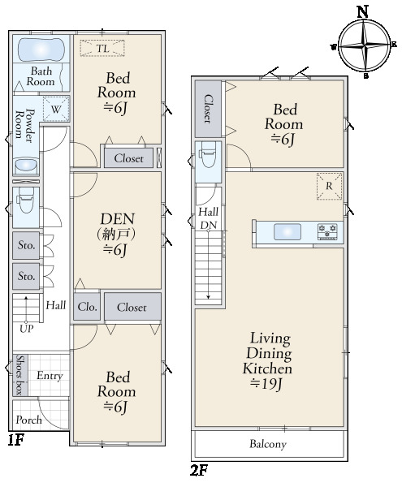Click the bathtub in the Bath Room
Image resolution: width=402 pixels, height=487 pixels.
pos(41,50)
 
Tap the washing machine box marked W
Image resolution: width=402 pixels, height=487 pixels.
pos(56,109)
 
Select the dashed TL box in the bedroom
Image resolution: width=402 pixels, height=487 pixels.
pos(102,48)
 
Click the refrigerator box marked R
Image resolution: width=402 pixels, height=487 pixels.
pos(329,186)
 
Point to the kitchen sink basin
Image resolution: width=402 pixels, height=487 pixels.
pos(287,231)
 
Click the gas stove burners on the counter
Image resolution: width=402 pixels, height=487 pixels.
pos(327,231)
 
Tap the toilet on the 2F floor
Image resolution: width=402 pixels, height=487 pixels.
pos(208,154)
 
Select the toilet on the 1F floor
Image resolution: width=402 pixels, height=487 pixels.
pos(25,200)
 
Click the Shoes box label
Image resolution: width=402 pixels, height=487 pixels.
pos(19,375)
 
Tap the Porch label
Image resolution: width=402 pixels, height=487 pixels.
pos(28,420)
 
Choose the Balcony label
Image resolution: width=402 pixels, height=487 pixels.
pos(268,444)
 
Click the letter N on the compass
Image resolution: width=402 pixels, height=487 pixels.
pos(362,12)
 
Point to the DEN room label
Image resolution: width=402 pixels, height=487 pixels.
pos(117,219)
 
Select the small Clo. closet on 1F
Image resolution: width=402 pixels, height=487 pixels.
pos(87,307)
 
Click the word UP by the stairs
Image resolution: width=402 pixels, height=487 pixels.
pos(26,329)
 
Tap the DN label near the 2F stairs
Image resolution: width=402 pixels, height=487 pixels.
pos(208,225)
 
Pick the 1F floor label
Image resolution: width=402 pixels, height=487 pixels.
pos(16,440)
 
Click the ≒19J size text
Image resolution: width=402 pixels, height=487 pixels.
pos(266,384)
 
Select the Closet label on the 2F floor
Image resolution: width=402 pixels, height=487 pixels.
pos(208,109)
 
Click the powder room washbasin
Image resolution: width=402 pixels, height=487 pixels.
pos(26,165)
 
